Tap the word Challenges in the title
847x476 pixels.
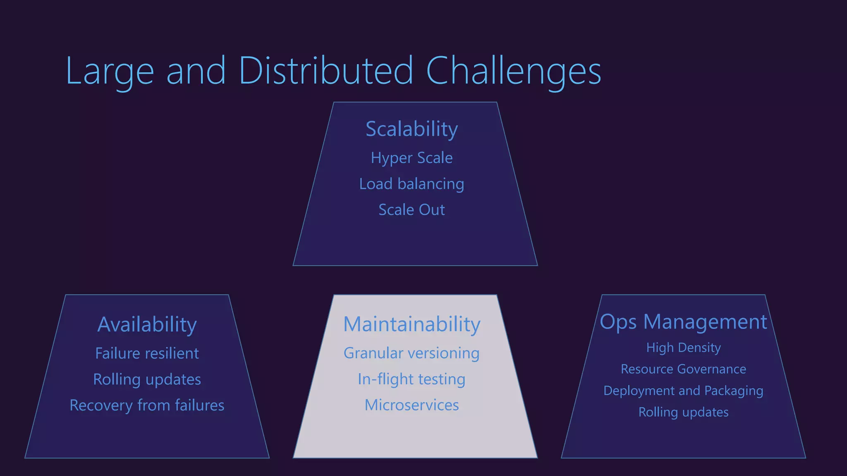coord(513,71)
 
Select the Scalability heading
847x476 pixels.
coord(412,129)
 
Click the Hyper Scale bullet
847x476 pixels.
coord(412,158)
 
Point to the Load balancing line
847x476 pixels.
coord(412,184)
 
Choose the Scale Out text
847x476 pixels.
coord(412,210)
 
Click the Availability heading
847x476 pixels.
coord(147,324)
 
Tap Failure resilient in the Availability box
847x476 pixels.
coord(147,353)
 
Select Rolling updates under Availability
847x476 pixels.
coord(147,379)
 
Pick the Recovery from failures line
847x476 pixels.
coord(147,405)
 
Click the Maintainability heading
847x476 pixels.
coord(412,324)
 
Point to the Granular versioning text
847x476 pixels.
coord(412,353)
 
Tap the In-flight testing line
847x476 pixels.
coord(412,379)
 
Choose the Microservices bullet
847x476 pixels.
coord(412,405)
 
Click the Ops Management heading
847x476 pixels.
coord(683,322)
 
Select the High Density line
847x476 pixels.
coord(683,347)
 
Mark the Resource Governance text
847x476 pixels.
coord(683,369)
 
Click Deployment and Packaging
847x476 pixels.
coord(683,390)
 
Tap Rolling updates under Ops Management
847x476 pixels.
coord(683,412)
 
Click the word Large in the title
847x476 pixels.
coord(110,71)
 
